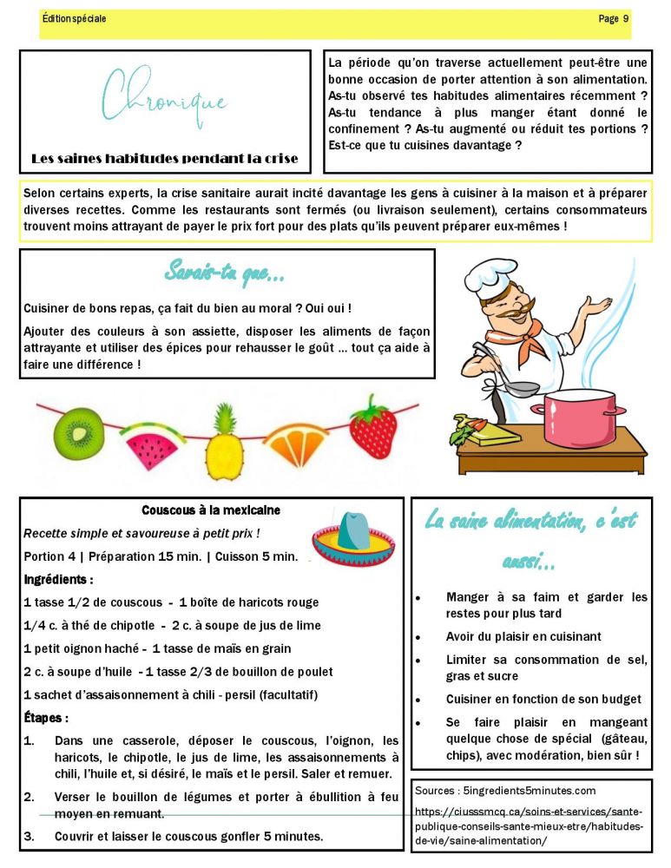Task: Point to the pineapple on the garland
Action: (x=225, y=447)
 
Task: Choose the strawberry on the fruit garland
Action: (x=373, y=427)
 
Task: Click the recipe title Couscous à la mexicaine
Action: (x=211, y=510)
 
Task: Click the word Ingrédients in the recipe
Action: (x=57, y=579)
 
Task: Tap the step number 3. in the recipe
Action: (x=29, y=837)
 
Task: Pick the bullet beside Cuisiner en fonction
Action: (x=418, y=700)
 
